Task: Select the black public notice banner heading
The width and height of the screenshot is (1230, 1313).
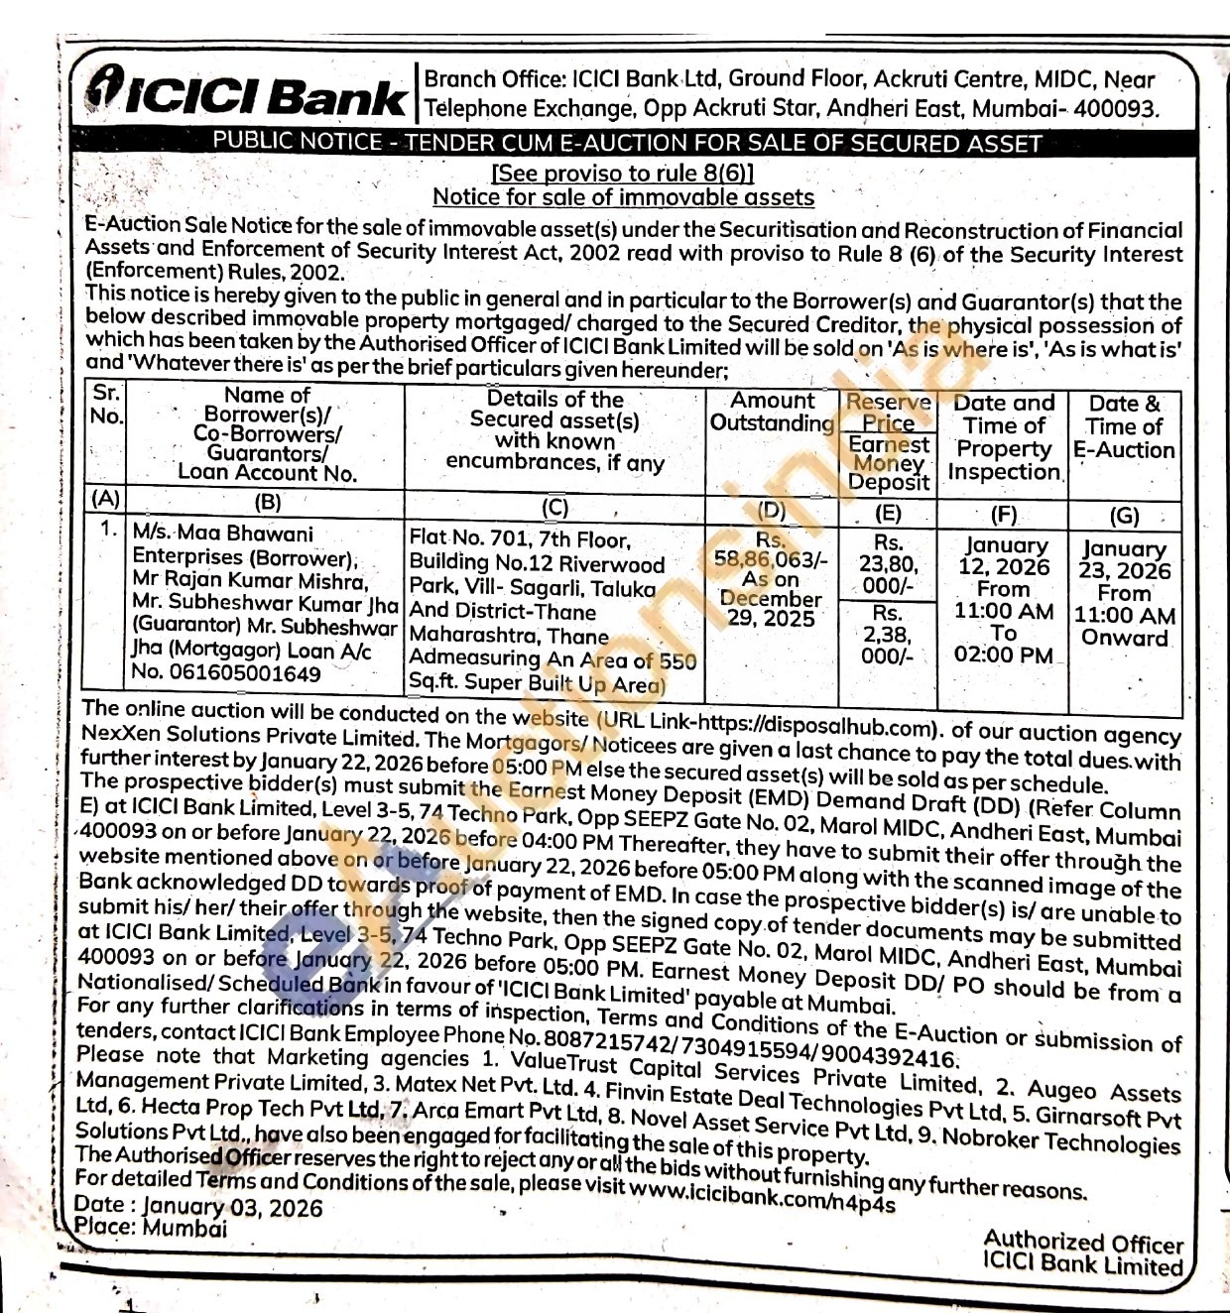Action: [627, 142]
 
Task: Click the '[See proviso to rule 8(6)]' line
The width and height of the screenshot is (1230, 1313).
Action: [623, 173]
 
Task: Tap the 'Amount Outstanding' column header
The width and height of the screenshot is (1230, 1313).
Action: [772, 412]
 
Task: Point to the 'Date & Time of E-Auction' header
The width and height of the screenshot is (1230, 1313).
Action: [1124, 427]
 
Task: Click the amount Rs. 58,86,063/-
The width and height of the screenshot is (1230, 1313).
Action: [771, 558]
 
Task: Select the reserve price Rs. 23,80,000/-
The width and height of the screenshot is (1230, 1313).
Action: [888, 564]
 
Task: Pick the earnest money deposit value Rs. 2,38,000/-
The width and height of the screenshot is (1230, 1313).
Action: [887, 635]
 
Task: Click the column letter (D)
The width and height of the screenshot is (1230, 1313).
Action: [771, 511]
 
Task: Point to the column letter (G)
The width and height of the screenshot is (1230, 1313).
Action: [1124, 516]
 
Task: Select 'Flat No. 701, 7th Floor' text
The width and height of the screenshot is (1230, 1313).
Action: [520, 539]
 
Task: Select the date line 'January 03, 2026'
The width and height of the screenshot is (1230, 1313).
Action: [231, 1207]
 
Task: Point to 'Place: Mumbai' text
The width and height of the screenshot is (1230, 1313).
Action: [151, 1227]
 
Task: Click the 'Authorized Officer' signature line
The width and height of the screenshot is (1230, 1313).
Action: [1083, 1242]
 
